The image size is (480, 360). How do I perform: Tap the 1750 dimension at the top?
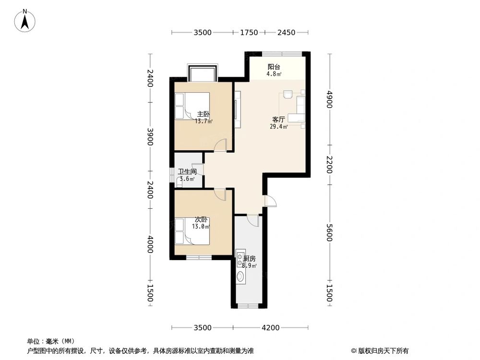(x=249, y=33)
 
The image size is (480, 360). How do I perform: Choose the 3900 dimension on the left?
(x=150, y=137)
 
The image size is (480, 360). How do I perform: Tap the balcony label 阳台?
(x=274, y=67)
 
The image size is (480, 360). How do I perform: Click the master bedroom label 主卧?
(x=204, y=114)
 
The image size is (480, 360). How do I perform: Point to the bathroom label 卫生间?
(x=187, y=171)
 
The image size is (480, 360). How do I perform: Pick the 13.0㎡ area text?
(x=201, y=227)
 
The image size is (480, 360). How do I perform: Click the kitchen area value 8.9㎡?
(x=250, y=266)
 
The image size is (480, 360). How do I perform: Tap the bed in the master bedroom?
(x=188, y=106)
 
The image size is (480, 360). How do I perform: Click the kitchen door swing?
(x=252, y=220)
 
